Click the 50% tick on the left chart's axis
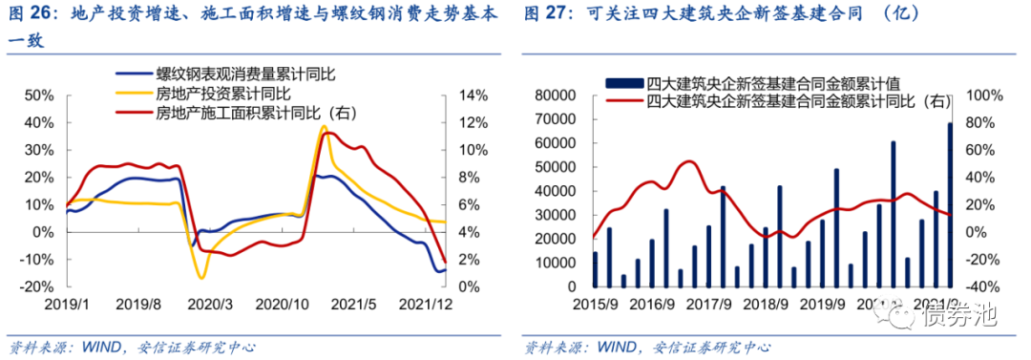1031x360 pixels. pyautogui.click(x=39, y=95)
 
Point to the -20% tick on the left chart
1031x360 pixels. pyautogui.click(x=37, y=286)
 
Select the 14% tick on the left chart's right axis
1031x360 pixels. pyautogui.click(x=474, y=95)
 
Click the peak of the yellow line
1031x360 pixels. pyautogui.click(x=324, y=126)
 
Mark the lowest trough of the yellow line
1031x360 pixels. pyautogui.click(x=201, y=278)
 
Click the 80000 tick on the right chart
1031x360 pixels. pyautogui.click(x=557, y=95)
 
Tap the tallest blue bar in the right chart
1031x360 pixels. pyautogui.click(x=950, y=204)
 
